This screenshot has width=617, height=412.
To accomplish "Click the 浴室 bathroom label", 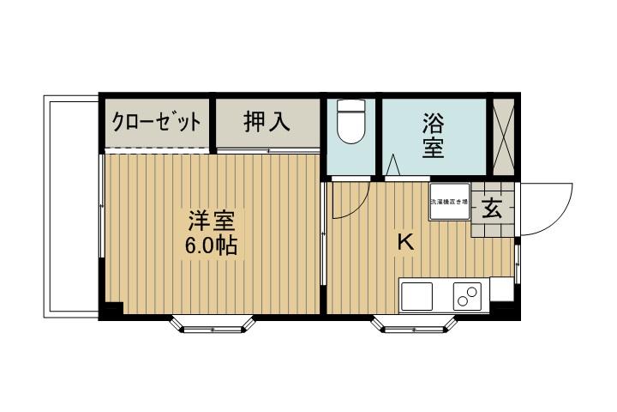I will pyautogui.click(x=433, y=135).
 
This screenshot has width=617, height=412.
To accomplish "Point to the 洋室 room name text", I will pyautogui.click(x=212, y=221).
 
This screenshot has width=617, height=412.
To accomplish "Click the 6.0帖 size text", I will pyautogui.click(x=212, y=246).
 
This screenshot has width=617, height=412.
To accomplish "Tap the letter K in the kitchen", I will pyautogui.click(x=404, y=243).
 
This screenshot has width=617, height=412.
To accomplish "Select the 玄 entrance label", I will pyautogui.click(x=493, y=209).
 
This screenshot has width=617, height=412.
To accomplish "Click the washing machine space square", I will pyautogui.click(x=450, y=203).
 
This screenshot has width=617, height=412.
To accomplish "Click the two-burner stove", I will pyautogui.click(x=468, y=297).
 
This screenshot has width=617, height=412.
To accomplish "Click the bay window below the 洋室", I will pyautogui.click(x=213, y=323).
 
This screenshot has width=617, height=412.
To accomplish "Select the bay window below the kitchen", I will pyautogui.click(x=413, y=323).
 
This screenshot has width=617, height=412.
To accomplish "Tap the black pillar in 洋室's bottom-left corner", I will pyautogui.click(x=113, y=309).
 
